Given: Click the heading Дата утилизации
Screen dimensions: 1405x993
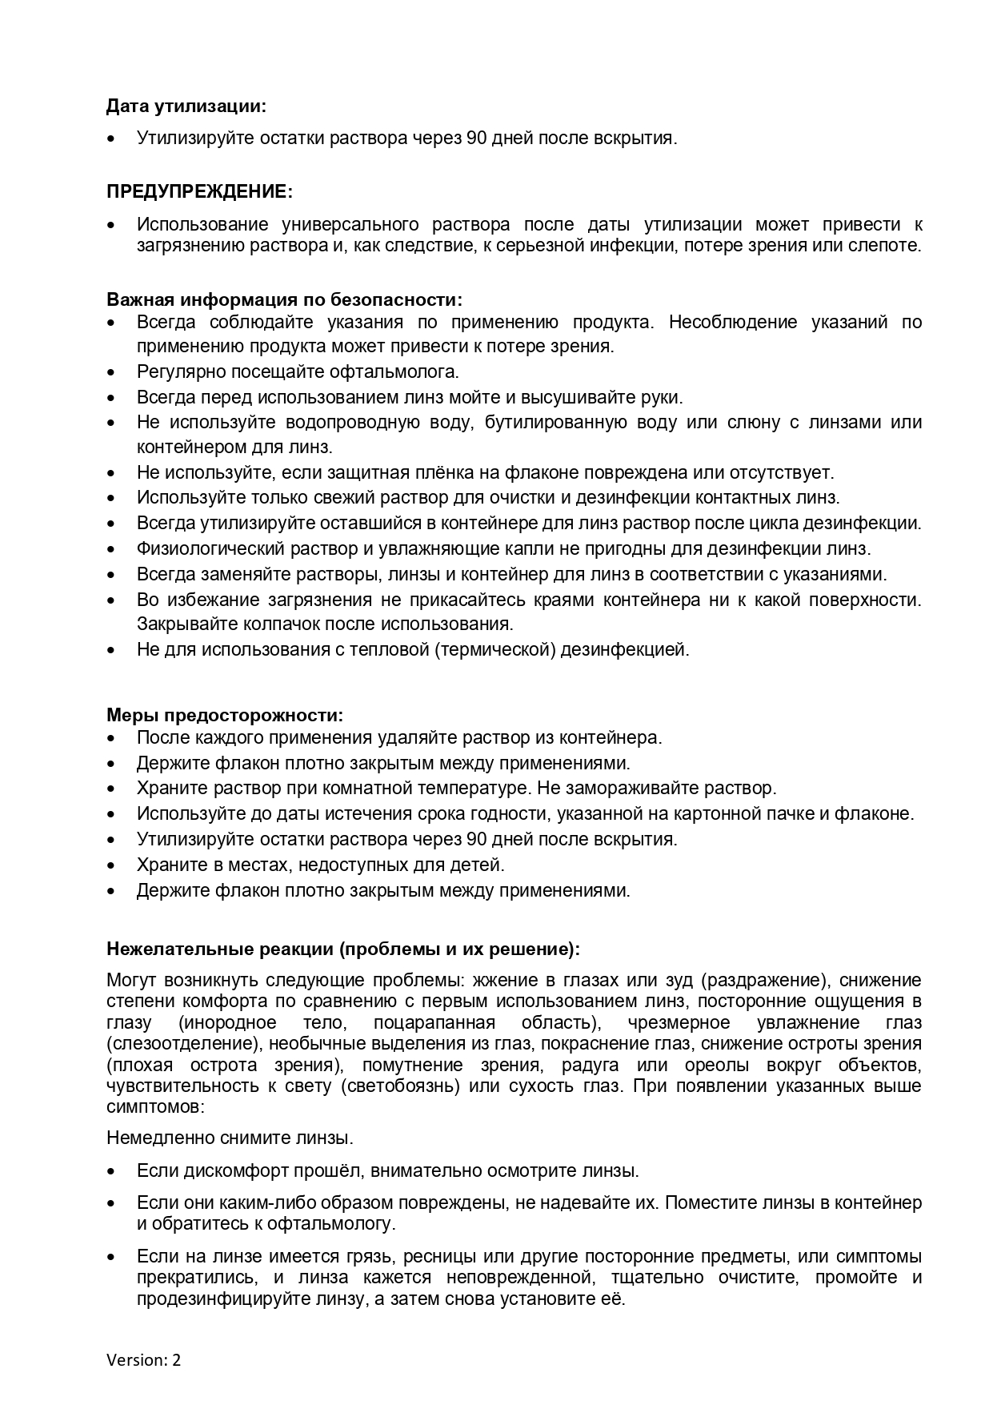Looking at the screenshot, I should point(186,106).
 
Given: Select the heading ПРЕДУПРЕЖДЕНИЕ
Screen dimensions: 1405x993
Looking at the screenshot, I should point(199,191).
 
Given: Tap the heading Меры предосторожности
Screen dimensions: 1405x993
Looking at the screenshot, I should point(225,714).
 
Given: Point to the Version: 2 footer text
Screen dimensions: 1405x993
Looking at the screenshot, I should point(144,1359).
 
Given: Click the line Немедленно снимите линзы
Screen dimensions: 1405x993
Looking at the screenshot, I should point(230,1137).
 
